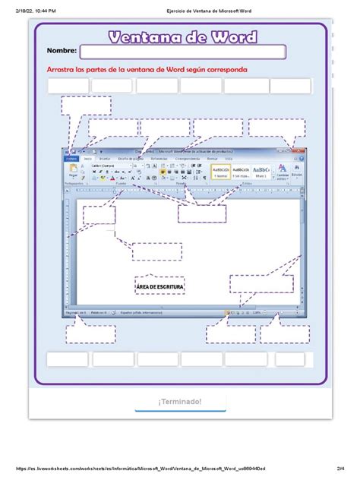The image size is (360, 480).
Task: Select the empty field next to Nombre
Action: click(x=182, y=52)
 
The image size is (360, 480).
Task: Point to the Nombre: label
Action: click(x=62, y=51)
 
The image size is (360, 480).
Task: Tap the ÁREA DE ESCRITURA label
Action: click(x=160, y=286)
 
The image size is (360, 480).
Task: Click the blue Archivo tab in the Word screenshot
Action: click(x=71, y=159)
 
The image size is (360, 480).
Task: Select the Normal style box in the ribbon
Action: click(x=220, y=170)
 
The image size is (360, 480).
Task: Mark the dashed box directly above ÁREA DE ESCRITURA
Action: click(x=156, y=251)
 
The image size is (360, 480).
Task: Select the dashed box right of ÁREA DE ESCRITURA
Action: click(x=261, y=284)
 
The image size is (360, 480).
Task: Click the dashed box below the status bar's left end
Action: click(x=90, y=334)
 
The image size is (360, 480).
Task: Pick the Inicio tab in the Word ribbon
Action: click(x=88, y=159)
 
